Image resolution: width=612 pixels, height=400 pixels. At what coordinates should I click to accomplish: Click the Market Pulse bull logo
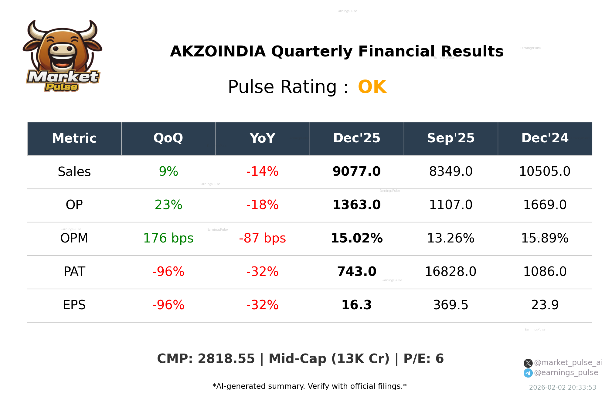coord(62,56)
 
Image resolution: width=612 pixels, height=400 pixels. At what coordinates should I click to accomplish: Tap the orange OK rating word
coord(372,87)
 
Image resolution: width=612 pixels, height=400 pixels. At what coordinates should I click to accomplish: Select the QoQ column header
coord(168,138)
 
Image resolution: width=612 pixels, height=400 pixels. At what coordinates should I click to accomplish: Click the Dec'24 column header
coord(545,138)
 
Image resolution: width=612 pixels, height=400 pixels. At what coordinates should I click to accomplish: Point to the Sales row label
coord(74,172)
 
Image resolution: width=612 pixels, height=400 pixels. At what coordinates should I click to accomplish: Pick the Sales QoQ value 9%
coord(168,172)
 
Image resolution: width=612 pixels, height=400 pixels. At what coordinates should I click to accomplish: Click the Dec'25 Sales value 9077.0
coord(356,172)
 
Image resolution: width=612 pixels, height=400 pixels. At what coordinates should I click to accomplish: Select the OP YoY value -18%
coord(262,205)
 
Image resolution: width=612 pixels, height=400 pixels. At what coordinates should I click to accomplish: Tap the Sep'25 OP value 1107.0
coord(450,205)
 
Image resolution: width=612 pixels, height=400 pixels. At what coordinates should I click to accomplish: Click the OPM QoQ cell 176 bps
coord(168,239)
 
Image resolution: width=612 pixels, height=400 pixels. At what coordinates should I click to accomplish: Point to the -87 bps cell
coord(262,239)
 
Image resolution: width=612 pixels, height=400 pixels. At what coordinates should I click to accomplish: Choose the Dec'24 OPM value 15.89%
coord(545,239)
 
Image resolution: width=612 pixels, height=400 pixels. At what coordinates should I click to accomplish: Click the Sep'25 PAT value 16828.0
coord(450,272)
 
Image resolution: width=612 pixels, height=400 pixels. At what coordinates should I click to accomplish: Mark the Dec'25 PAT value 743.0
coord(356,272)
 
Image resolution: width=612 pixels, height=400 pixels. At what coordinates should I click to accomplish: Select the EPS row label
coord(74,305)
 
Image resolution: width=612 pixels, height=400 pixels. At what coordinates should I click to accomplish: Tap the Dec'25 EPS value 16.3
coord(356,305)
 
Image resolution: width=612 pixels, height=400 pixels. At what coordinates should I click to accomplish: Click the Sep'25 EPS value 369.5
coord(450,305)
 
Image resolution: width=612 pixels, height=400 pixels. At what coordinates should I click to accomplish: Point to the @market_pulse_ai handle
coord(568,363)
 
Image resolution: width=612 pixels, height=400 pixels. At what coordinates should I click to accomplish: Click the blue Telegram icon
coord(528,373)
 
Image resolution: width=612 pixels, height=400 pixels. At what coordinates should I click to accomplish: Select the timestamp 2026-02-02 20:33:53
coord(563,388)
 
